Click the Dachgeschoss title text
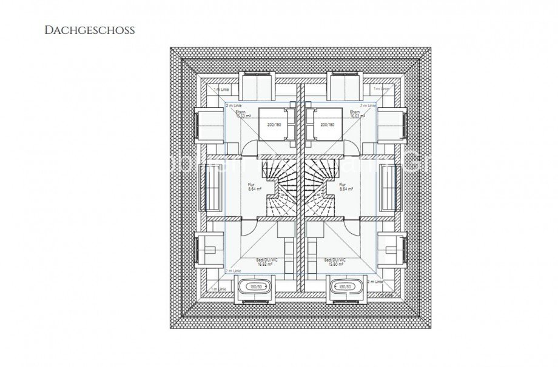(x=89, y=29)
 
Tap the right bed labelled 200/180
(x=327, y=124)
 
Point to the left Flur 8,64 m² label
(x=254, y=187)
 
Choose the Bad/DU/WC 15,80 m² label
(x=336, y=262)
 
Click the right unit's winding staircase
(x=321, y=188)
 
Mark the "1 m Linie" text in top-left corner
(x=220, y=89)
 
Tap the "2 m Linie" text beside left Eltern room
(x=234, y=105)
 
